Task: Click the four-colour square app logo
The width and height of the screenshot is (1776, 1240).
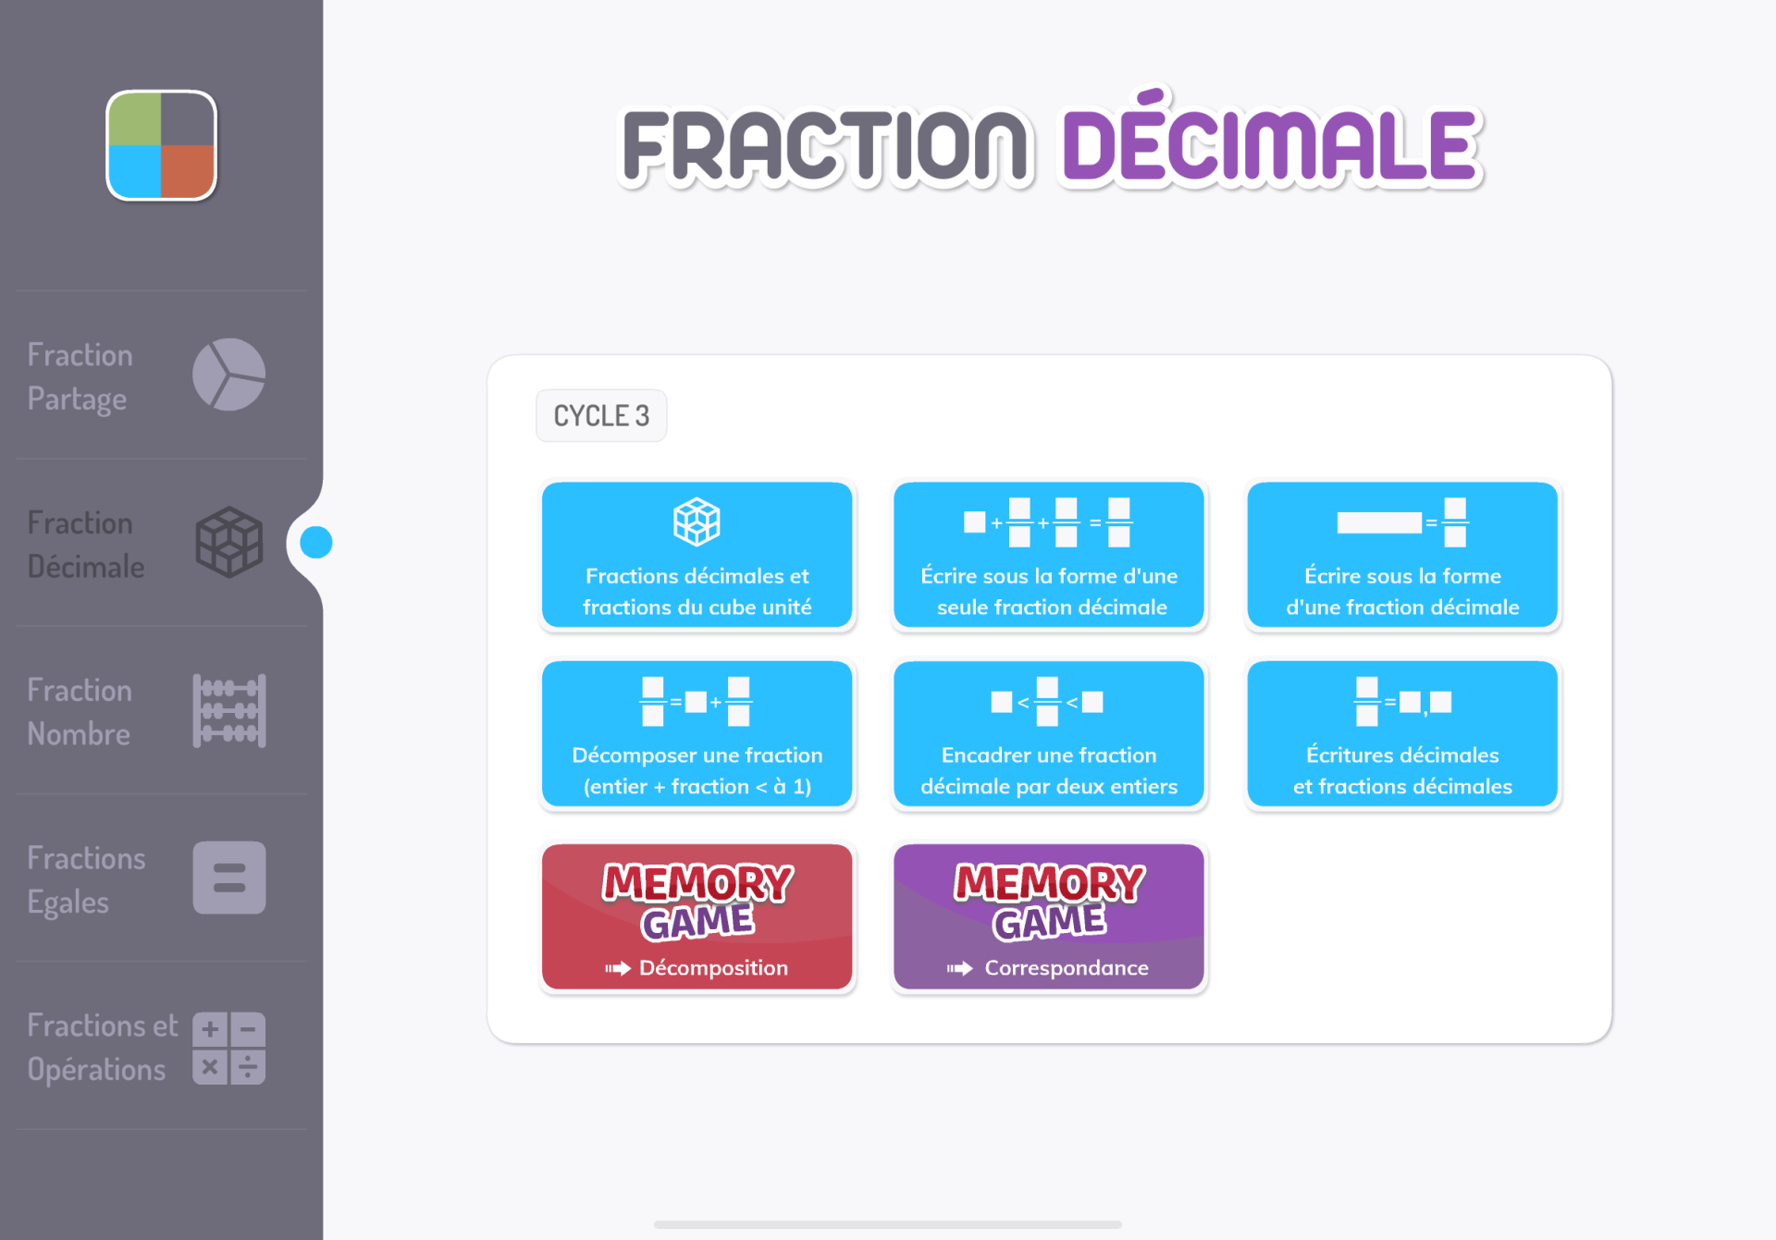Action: pyautogui.click(x=162, y=145)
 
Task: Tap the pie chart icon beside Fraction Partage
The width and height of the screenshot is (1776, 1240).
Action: pyautogui.click(x=229, y=374)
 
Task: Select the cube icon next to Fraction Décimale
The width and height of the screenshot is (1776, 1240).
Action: pyautogui.click(x=229, y=542)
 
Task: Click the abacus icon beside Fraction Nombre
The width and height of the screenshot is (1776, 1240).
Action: pyautogui.click(x=229, y=710)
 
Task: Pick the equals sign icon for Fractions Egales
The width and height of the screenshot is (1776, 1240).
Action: pyautogui.click(x=229, y=878)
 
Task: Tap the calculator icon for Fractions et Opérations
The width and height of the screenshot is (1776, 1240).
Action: pyautogui.click(x=229, y=1048)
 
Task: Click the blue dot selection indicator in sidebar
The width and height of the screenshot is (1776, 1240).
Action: pyautogui.click(x=316, y=543)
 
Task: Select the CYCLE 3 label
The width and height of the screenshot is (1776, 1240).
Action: pyautogui.click(x=601, y=415)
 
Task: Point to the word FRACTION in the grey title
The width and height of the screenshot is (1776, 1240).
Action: pyautogui.click(x=825, y=145)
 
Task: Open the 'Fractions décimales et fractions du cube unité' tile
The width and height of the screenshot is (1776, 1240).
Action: pyautogui.click(x=697, y=555)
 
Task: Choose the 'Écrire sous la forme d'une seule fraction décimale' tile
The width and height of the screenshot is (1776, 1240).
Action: pyautogui.click(x=1049, y=555)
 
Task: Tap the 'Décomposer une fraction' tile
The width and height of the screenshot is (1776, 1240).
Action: pyautogui.click(x=697, y=734)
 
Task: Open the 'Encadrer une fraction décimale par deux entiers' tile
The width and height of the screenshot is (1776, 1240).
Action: pyautogui.click(x=1049, y=734)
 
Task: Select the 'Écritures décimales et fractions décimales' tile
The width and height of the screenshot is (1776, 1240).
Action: pyautogui.click(x=1402, y=734)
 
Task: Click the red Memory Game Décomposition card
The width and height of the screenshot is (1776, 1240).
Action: pyautogui.click(x=697, y=916)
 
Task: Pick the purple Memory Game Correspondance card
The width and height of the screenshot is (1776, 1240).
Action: pyautogui.click(x=1049, y=916)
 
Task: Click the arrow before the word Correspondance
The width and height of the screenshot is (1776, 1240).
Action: pyautogui.click(x=959, y=968)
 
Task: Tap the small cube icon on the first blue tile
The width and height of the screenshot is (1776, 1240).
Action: pyautogui.click(x=697, y=522)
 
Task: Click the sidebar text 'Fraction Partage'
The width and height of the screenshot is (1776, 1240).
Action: pyautogui.click(x=80, y=377)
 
